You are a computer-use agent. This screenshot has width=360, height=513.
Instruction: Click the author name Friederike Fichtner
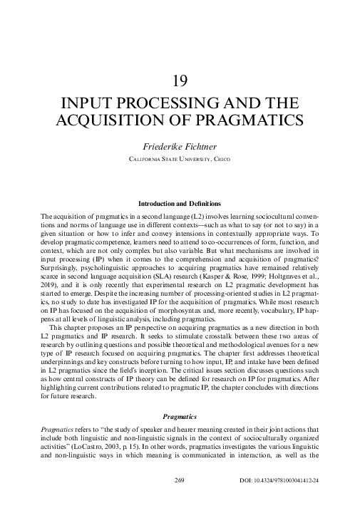tap(180, 145)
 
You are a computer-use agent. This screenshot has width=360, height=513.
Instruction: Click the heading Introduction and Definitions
tap(180, 204)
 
